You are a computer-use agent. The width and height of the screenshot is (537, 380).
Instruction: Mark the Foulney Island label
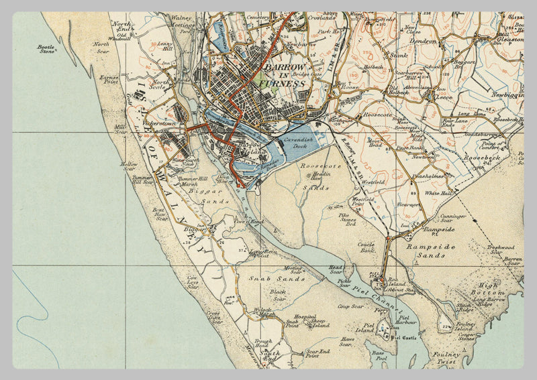click(x=465, y=326)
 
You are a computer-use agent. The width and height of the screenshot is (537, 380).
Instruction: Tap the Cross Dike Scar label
click(x=214, y=317)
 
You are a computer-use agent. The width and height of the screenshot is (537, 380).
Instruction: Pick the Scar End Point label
click(x=318, y=352)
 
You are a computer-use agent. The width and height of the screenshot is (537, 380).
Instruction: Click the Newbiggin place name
click(x=506, y=95)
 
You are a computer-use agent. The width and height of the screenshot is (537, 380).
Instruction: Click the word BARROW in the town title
click(x=285, y=68)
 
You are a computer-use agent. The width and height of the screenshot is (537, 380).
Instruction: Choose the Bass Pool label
click(x=379, y=355)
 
